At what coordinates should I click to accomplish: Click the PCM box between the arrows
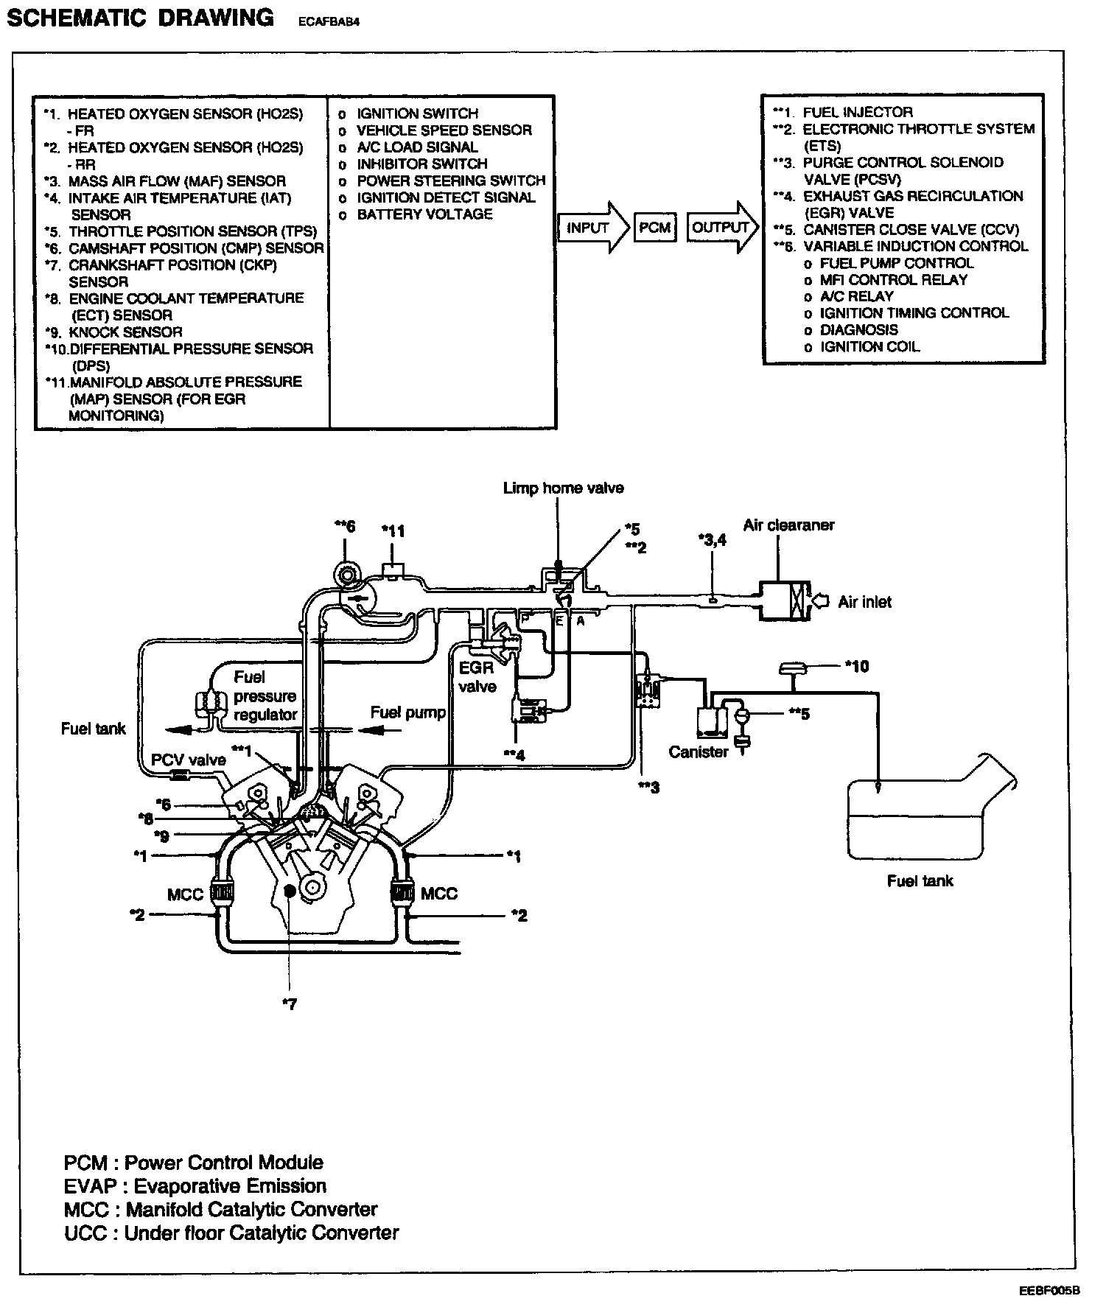(654, 228)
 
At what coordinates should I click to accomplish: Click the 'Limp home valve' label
(563, 488)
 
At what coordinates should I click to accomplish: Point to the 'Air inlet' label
(864, 602)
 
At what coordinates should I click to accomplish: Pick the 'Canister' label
(698, 752)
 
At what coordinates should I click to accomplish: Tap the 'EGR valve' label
(477, 678)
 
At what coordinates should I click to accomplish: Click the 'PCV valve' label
(189, 760)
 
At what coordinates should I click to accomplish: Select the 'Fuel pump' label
(407, 712)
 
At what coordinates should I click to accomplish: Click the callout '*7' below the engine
(289, 1003)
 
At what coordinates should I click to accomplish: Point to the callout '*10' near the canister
(856, 667)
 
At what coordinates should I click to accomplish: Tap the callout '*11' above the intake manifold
(393, 530)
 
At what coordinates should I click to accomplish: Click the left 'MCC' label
(185, 894)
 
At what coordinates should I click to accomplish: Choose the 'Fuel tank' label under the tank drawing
(920, 880)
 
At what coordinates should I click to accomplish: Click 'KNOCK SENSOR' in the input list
(125, 332)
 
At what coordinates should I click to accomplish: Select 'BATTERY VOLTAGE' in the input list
(424, 214)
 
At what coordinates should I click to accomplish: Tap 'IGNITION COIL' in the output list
(869, 346)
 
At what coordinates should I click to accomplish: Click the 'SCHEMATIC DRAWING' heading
(140, 18)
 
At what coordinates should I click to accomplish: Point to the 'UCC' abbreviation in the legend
(86, 1233)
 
